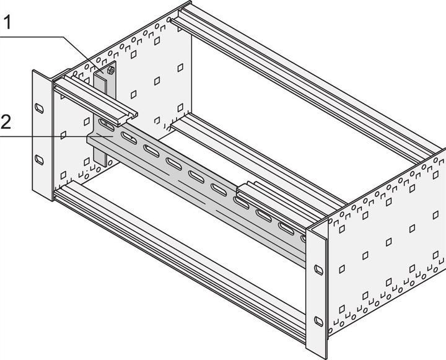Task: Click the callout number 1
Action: coord(7,23)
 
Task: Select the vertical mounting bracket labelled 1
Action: coord(102,84)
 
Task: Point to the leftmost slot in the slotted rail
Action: coord(105,124)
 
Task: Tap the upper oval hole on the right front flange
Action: coord(318,270)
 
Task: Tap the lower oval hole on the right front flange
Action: coord(318,320)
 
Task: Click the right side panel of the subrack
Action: coord(384,248)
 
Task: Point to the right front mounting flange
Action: coord(318,291)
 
